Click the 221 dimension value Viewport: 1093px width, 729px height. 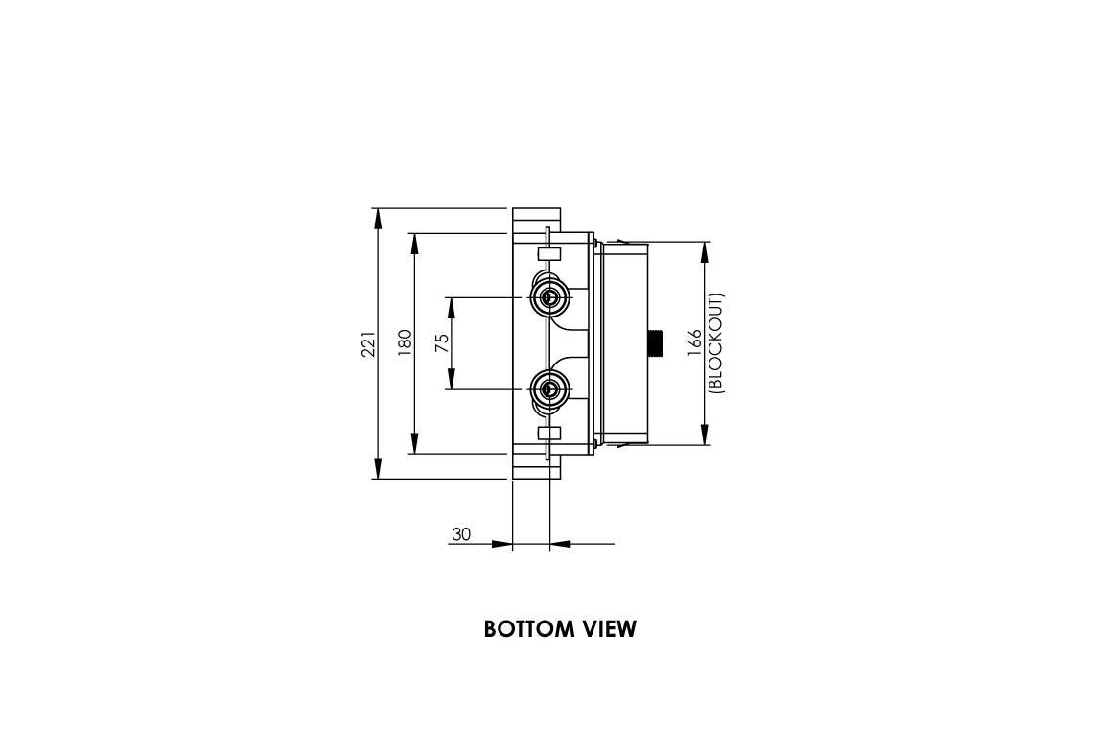point(367,343)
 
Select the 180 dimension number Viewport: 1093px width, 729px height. point(405,343)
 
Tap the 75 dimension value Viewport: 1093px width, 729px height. point(442,343)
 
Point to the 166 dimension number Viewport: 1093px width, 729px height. point(695,343)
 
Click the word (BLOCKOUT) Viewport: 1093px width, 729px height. point(716,343)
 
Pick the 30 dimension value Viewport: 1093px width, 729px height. point(461,534)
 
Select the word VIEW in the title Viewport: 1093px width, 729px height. point(610,629)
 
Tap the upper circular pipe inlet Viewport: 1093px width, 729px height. point(549,297)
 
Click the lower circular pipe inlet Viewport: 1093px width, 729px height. point(549,389)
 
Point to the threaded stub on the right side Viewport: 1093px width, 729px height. point(656,343)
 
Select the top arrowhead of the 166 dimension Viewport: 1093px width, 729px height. point(705,252)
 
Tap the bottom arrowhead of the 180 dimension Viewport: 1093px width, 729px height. point(414,443)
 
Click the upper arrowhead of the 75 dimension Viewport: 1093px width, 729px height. point(451,308)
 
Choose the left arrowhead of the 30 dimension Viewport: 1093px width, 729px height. point(500,544)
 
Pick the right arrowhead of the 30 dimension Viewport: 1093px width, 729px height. point(561,544)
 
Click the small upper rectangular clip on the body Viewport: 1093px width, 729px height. point(549,254)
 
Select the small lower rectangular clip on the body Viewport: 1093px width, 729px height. point(549,433)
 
